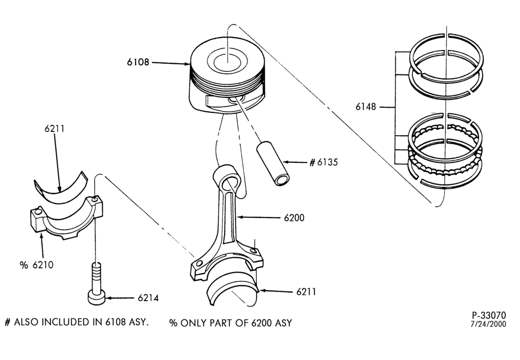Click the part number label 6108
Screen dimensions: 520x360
pos(138,62)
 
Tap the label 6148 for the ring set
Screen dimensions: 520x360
pos(366,107)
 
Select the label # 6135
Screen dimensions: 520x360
pos(323,162)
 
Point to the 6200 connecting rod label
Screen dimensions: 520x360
pos(294,218)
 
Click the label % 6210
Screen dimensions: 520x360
pos(36,265)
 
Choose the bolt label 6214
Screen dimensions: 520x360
pos(148,298)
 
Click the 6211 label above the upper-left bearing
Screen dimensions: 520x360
pos(55,128)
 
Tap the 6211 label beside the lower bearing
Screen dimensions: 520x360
pos(306,292)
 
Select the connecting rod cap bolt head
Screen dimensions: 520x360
pos(97,297)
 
